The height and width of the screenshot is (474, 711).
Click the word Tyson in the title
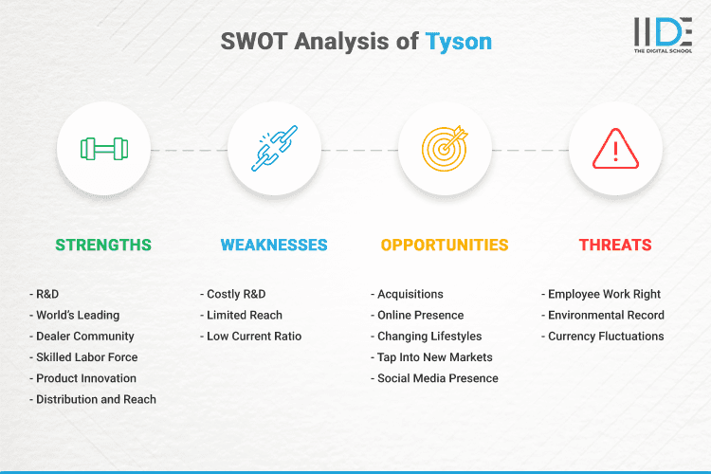(x=459, y=42)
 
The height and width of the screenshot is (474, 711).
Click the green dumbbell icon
(x=103, y=149)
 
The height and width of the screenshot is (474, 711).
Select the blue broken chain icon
(x=274, y=149)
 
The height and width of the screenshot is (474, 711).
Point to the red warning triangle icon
(x=615, y=149)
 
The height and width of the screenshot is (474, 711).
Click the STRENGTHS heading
(x=103, y=245)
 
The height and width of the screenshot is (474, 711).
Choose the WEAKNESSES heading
(x=274, y=245)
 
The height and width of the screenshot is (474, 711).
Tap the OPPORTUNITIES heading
(x=445, y=245)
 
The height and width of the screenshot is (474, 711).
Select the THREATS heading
(x=615, y=245)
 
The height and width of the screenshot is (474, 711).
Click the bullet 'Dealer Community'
(x=84, y=336)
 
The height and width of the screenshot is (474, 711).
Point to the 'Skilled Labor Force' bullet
(x=86, y=357)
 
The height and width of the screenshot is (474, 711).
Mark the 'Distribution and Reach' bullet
(x=96, y=399)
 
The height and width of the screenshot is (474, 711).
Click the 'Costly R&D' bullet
(x=236, y=294)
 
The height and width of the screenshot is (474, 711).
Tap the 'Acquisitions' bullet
(x=410, y=294)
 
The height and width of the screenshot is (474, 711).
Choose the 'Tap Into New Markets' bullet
(x=434, y=357)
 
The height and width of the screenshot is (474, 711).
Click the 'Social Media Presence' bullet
(x=437, y=378)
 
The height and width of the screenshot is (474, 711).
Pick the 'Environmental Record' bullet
(x=606, y=315)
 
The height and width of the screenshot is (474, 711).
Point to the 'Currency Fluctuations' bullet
(x=606, y=336)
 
